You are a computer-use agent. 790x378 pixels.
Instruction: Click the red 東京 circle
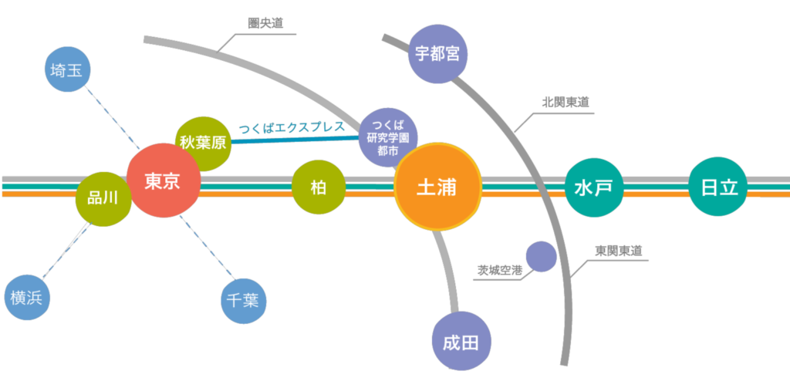click(163, 181)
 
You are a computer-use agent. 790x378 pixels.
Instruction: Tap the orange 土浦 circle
click(437, 187)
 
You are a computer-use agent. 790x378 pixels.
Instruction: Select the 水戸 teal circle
click(593, 187)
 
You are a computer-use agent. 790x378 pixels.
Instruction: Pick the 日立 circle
click(719, 187)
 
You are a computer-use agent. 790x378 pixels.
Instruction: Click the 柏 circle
click(318, 187)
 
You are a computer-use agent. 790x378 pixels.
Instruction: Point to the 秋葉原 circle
click(202, 143)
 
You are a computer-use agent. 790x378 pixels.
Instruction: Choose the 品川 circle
click(103, 198)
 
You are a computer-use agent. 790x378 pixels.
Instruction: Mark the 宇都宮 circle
click(437, 54)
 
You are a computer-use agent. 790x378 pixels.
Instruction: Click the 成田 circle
click(461, 342)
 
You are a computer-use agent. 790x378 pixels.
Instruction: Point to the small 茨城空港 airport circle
click(541, 257)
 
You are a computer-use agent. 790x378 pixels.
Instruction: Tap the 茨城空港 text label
click(499, 271)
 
